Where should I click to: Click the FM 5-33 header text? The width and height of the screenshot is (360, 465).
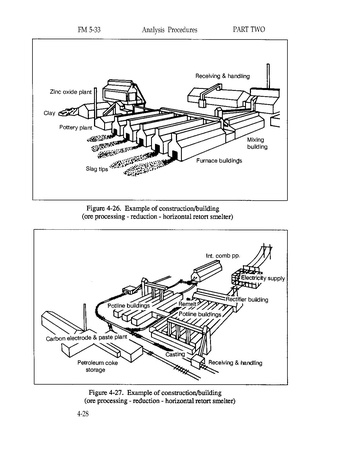point(89,30)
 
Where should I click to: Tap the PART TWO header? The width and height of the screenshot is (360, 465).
point(249,29)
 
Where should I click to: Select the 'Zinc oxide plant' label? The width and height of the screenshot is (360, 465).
point(70,92)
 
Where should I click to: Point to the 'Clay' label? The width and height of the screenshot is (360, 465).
point(49,113)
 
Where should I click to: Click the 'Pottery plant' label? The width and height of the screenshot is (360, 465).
point(76,127)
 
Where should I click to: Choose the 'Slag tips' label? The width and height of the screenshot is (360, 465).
point(97,169)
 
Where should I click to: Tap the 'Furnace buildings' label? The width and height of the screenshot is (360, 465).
point(219,161)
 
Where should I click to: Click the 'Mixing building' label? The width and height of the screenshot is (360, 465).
point(257,143)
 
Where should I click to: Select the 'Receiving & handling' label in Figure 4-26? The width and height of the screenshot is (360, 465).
point(222,76)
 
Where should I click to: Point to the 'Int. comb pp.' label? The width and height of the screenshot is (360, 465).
point(223,256)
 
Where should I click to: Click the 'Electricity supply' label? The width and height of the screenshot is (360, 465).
point(263,278)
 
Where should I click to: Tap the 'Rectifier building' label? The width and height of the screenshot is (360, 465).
point(247,300)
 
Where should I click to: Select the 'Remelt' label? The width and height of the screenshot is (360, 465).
point(187,304)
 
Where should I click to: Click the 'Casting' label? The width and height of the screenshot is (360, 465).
point(175,354)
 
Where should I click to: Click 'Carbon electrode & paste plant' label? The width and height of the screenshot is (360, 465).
point(86,338)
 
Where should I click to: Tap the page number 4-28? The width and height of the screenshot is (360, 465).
point(83,414)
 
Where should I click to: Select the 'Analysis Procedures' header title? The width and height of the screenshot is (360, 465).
point(169,30)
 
